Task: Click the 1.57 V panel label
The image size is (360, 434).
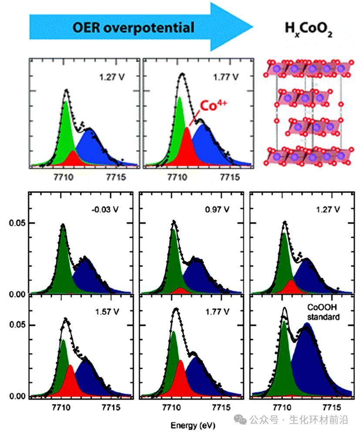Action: (107, 311)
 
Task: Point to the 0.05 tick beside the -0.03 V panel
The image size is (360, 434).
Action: (16, 223)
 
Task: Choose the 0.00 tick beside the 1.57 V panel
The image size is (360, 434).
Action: (16, 397)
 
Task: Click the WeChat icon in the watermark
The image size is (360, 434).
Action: (241, 420)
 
